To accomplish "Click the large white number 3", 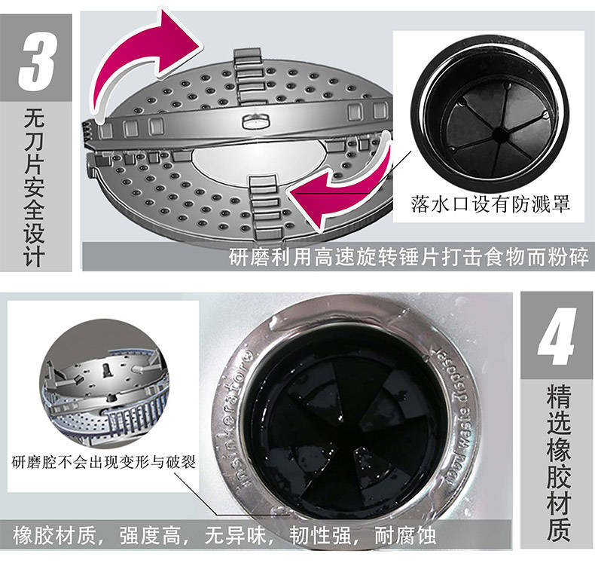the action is coord(37,62).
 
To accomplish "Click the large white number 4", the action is coord(556,336).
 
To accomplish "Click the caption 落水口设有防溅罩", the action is coord(490,203).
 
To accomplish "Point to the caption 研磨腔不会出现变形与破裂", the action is coord(103,462).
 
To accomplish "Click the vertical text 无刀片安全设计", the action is coord(35,187).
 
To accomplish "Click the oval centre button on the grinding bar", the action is coord(255,121).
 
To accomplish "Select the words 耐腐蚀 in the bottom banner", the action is coord(405,536).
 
